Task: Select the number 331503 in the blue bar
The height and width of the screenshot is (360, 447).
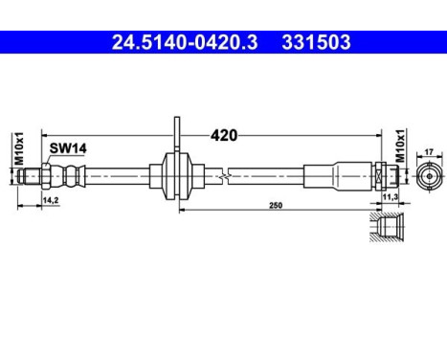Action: click(x=315, y=42)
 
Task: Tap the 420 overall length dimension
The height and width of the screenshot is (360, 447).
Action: click(x=224, y=136)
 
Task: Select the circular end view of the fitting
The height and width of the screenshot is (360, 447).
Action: click(x=428, y=177)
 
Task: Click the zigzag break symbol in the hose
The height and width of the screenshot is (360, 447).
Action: click(x=222, y=177)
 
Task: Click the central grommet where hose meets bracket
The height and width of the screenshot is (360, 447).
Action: click(x=175, y=177)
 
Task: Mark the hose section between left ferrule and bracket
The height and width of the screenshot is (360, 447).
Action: click(x=120, y=177)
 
